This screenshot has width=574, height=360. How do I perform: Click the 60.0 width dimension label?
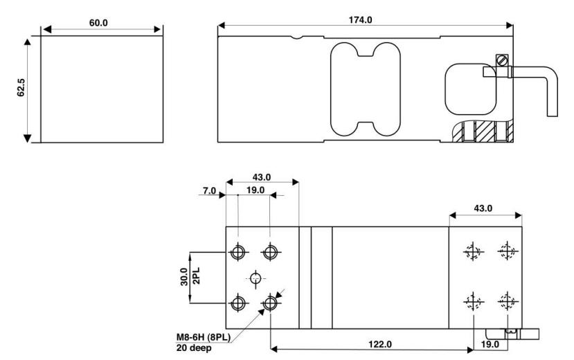tap(98, 23)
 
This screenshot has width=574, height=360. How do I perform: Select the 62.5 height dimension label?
tap(21, 87)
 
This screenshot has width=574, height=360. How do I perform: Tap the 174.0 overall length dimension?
tap(360, 20)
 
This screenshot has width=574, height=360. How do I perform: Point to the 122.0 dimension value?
tap(380, 344)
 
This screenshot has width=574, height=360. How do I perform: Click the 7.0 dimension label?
tap(209, 190)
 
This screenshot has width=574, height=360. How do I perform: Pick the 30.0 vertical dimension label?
tap(184, 277)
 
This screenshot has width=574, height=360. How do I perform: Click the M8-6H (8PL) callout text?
tap(204, 337)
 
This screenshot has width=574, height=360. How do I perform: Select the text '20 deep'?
tap(194, 348)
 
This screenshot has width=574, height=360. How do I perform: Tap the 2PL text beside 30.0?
tap(196, 276)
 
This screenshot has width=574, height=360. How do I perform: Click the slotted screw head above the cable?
tap(502, 60)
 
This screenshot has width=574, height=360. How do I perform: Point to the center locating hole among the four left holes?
tap(255, 278)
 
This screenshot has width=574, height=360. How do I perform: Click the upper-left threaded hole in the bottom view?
tap(238, 252)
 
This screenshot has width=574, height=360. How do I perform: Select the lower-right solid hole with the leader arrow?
tap(270, 303)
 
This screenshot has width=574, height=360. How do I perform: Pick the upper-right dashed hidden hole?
tap(508, 251)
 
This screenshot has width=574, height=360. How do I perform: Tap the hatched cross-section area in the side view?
tap(484, 132)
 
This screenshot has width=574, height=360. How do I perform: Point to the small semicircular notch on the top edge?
tap(297, 37)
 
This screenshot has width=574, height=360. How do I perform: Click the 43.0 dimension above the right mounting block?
tap(483, 208)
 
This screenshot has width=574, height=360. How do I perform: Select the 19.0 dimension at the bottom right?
tap(490, 344)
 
